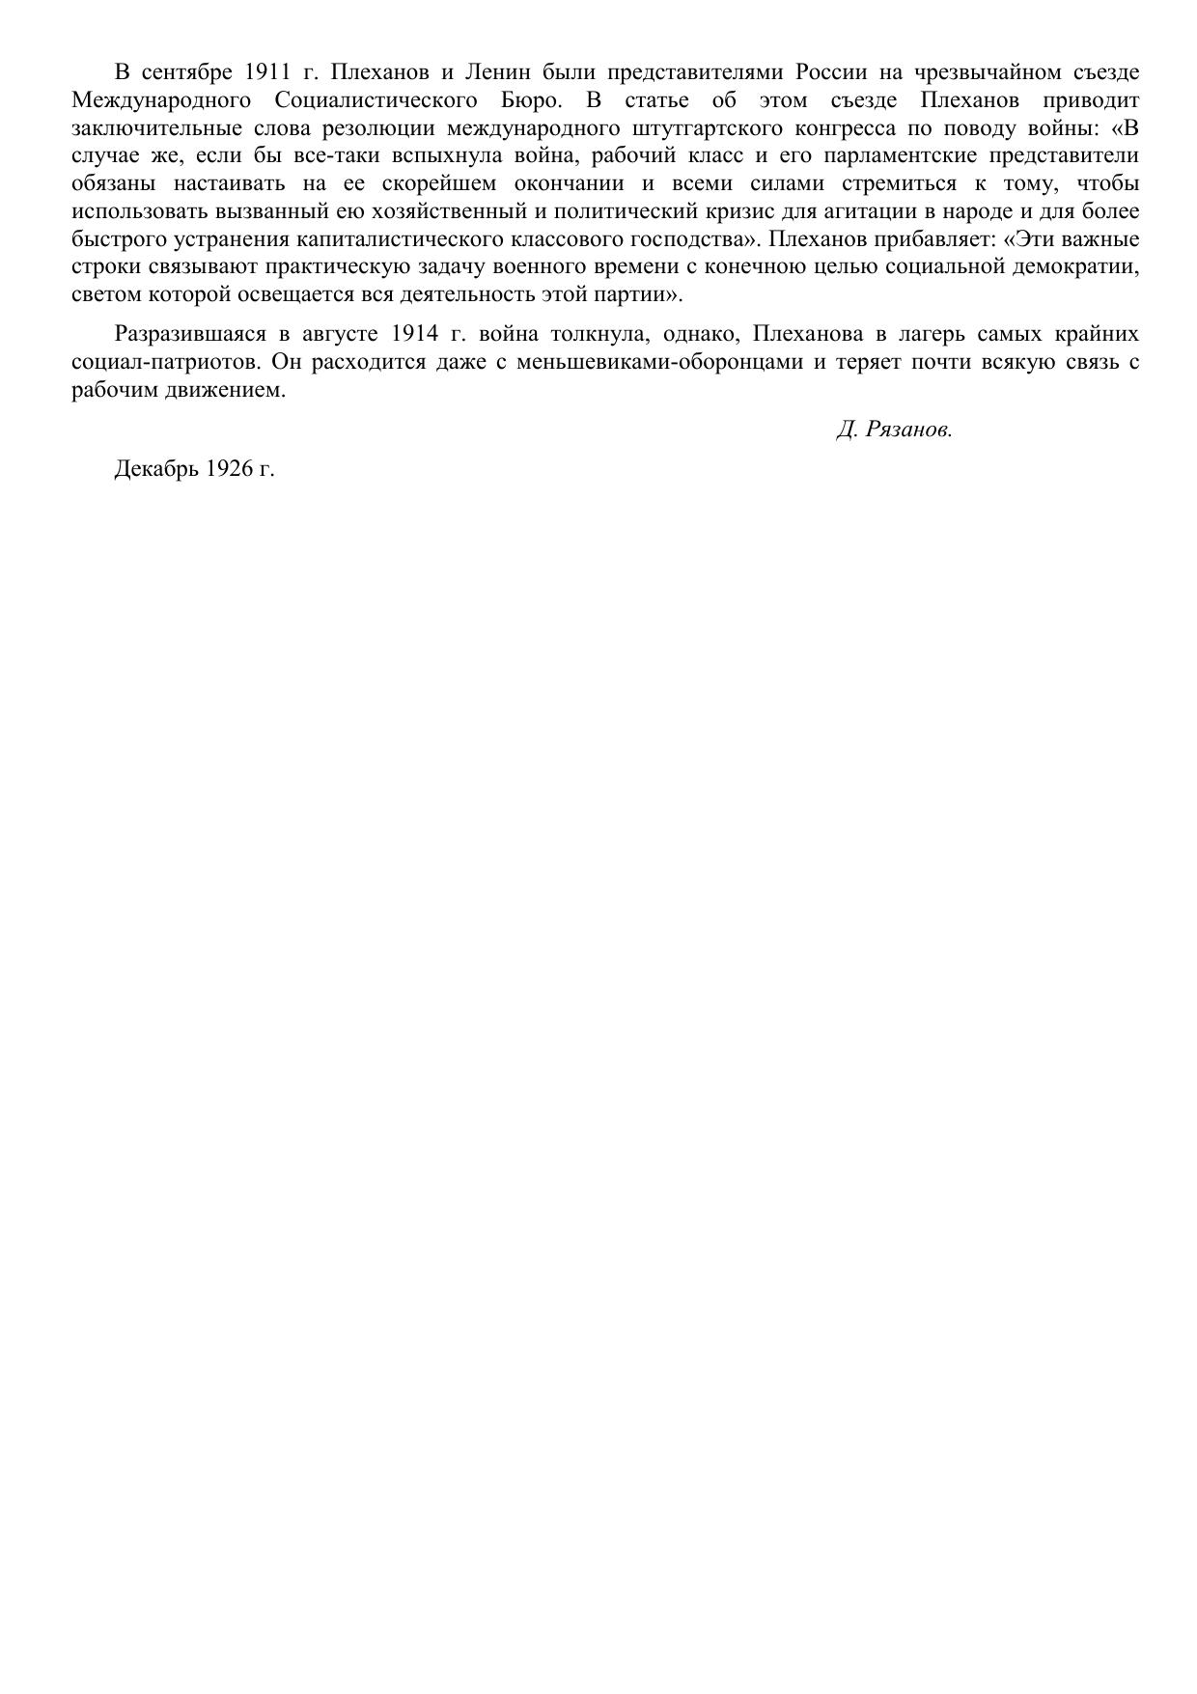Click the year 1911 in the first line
coord(268,72)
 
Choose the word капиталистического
coord(401,239)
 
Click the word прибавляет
coord(927,239)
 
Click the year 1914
coord(417,334)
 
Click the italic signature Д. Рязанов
coord(894,430)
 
